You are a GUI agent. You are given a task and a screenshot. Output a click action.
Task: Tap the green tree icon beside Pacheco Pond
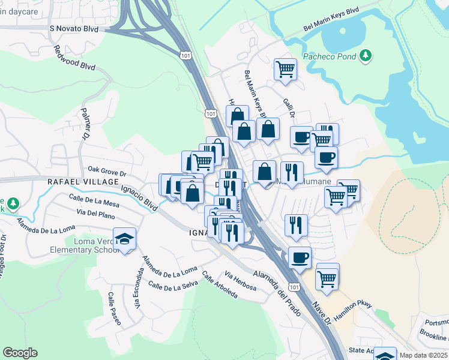[x=365, y=56]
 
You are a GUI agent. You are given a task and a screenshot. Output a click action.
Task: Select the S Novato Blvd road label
[x=74, y=28]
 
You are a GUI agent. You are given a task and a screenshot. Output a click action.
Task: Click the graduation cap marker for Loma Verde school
[x=124, y=239]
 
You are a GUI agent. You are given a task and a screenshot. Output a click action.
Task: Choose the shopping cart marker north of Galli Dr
[x=285, y=68]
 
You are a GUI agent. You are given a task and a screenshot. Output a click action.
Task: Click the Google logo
[x=20, y=353]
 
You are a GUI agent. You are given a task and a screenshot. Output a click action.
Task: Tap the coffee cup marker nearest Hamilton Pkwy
[x=299, y=257]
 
